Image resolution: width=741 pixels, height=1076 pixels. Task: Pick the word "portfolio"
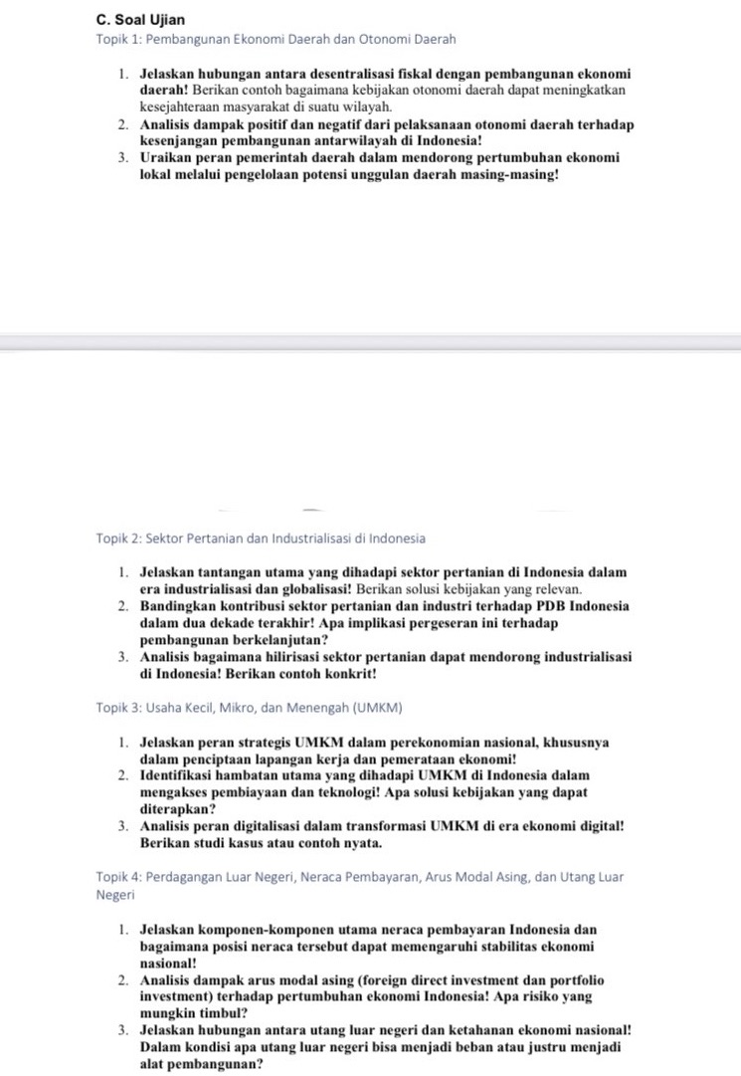[x=570, y=980]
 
